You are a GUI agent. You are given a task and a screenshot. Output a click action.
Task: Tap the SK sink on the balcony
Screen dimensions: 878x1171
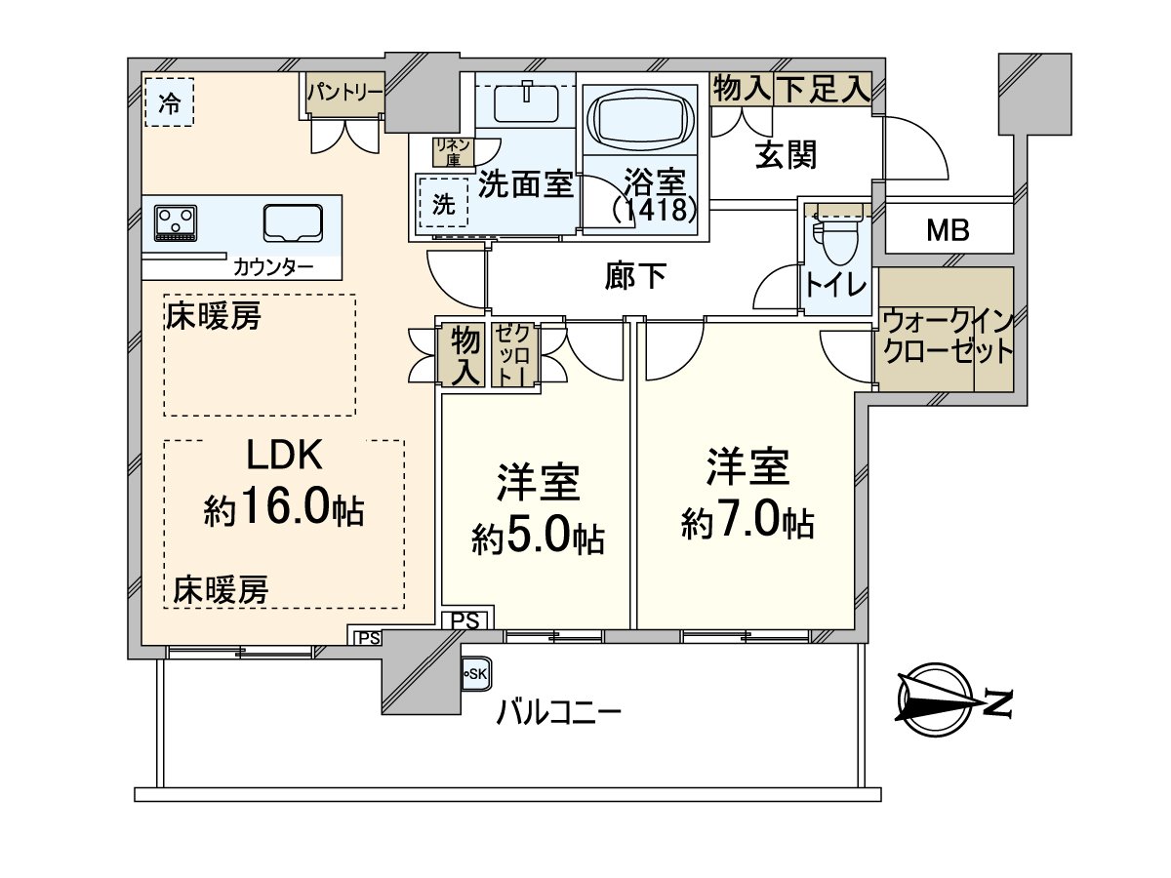(x=476, y=674)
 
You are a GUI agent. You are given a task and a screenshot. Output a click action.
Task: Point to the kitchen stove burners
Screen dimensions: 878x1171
(x=176, y=221)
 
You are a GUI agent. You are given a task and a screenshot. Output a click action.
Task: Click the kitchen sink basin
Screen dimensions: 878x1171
(x=293, y=222)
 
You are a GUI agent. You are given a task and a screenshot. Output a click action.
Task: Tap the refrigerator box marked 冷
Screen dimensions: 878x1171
(x=169, y=101)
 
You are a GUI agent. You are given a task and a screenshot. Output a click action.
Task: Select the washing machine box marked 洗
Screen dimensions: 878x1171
(x=443, y=205)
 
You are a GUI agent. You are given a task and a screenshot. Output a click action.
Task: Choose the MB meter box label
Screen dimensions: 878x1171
(x=949, y=232)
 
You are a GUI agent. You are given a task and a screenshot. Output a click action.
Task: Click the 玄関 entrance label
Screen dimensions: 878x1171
(x=786, y=154)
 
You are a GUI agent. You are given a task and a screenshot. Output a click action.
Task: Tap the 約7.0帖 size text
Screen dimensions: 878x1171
(x=747, y=524)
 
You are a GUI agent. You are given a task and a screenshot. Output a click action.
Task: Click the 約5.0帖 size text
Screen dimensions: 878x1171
(x=538, y=537)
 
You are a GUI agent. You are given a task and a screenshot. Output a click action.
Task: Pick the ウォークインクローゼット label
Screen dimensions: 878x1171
(x=946, y=337)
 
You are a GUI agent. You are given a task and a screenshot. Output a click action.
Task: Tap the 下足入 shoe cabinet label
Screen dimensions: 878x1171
(x=822, y=90)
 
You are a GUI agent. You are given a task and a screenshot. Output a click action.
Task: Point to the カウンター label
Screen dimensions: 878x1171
(x=273, y=265)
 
